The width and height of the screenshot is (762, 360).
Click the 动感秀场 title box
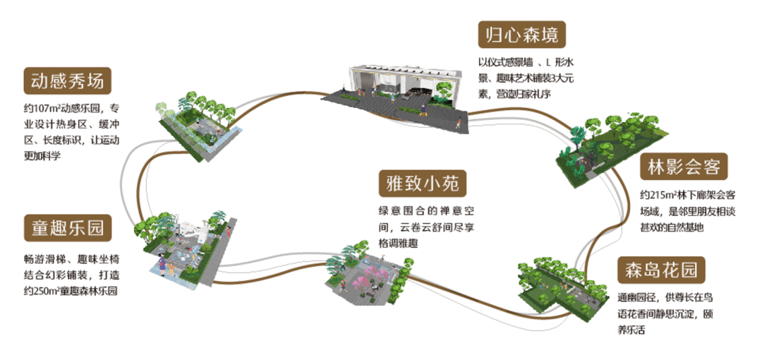tap(68, 81)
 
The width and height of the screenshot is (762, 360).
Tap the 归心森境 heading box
tap(521, 33)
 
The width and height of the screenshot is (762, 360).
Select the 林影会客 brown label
tap(684, 168)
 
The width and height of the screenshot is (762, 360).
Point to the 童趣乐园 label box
tap(68, 227)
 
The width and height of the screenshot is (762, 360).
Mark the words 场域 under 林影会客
tap(650, 211)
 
